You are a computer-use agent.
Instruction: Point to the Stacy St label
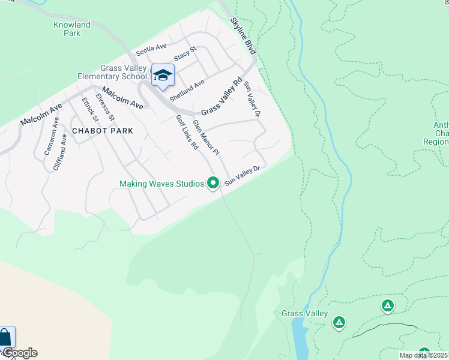185,54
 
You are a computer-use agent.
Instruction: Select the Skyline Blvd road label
243,36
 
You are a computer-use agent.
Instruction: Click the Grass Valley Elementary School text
112,73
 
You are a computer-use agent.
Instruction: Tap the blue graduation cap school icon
163,76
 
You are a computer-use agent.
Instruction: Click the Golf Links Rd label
187,132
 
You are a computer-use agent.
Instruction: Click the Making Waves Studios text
162,184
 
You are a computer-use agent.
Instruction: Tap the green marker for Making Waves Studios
212,183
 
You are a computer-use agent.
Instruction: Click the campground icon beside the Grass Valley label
339,322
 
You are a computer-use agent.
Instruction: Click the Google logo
19,353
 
